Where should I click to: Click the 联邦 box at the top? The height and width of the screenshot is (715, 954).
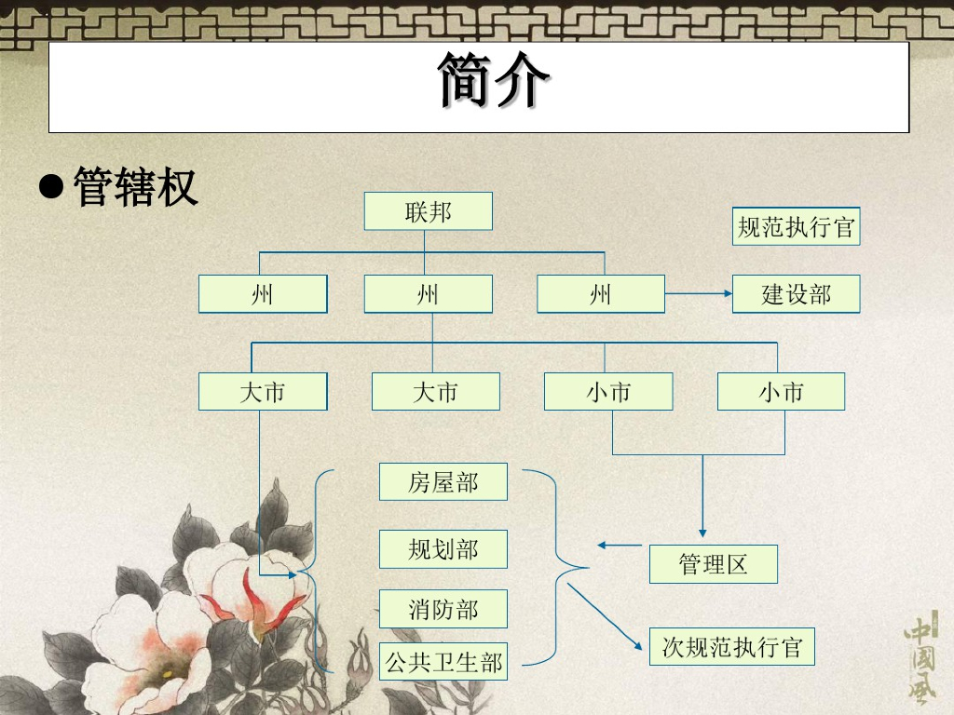428,211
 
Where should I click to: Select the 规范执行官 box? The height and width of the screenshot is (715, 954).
796,226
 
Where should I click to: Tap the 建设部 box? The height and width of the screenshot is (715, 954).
796,294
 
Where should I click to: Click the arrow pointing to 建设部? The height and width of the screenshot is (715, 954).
699,294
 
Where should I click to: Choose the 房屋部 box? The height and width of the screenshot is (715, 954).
443,481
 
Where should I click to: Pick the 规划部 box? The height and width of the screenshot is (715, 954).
443,549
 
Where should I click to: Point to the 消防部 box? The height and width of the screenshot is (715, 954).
443,609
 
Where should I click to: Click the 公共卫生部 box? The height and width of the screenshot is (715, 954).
443,661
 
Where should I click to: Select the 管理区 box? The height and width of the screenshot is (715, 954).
713,564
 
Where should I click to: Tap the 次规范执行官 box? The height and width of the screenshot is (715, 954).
731,646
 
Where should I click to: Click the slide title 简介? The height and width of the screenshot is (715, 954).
493,82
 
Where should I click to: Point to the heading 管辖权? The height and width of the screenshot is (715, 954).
135,187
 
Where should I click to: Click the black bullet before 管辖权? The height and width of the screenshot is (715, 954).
51,185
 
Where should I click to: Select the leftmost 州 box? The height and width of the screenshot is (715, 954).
263,294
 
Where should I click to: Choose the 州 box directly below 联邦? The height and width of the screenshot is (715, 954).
428,294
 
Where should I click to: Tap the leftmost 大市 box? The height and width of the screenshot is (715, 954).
263,392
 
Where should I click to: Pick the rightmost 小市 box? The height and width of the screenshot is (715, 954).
781,392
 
